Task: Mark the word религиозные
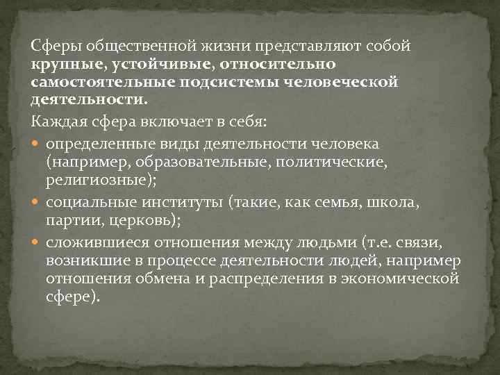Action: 85,179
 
